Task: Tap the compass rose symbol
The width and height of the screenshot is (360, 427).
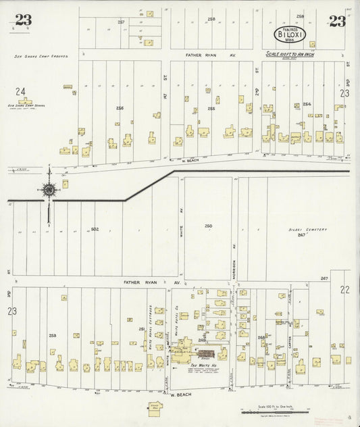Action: [x=49, y=190]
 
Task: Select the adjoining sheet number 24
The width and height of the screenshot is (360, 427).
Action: [x=21, y=91]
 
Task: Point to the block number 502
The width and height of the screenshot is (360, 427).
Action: [x=95, y=230]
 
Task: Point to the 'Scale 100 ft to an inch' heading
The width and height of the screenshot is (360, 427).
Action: [x=290, y=54]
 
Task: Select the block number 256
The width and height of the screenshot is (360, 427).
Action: [x=120, y=108]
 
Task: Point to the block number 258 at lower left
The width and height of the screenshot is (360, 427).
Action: [x=53, y=335]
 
